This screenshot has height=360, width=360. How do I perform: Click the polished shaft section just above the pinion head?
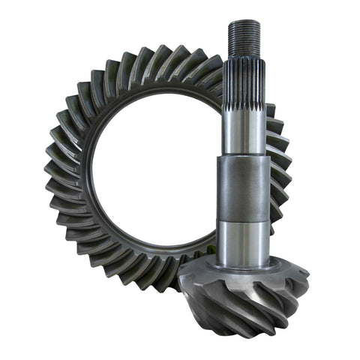[243, 240]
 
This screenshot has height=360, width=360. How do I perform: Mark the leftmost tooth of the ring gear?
[52, 180]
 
